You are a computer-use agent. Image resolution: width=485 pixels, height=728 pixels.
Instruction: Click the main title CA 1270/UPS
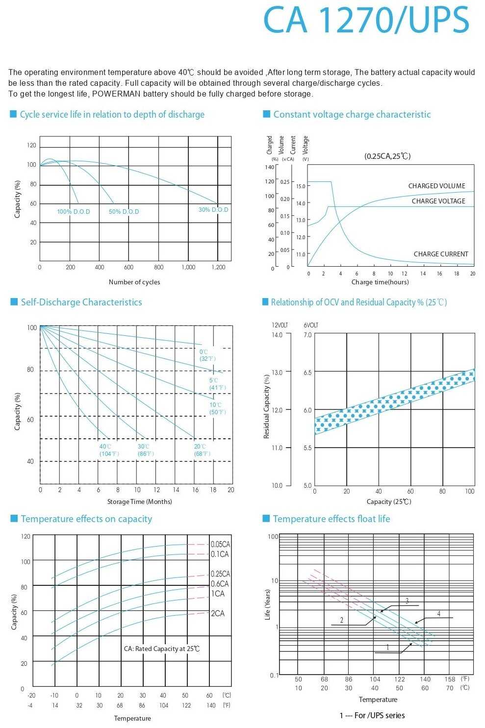(x=366, y=21)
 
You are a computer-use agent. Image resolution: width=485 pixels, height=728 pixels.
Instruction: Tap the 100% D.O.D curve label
(x=74, y=212)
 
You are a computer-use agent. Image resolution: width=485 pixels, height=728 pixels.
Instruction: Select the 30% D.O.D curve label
(x=213, y=210)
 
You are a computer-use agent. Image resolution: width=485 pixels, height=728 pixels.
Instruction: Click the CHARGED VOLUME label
(x=436, y=186)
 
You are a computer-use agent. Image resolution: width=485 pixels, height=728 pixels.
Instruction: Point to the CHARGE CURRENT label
(x=440, y=254)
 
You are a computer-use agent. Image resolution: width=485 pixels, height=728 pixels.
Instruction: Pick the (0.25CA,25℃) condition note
(x=387, y=156)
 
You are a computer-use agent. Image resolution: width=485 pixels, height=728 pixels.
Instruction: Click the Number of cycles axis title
(x=134, y=282)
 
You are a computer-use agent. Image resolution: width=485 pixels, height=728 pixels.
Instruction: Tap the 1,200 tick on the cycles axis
(x=218, y=267)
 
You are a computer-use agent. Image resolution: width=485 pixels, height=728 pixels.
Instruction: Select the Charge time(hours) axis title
(x=380, y=282)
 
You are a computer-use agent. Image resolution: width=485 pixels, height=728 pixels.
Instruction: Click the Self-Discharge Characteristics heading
(x=81, y=302)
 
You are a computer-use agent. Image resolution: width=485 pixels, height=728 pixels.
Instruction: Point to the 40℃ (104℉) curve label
(x=109, y=450)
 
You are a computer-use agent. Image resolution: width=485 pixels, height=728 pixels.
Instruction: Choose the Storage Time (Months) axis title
(x=140, y=502)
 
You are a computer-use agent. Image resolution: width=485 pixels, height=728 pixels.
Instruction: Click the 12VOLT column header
(x=280, y=325)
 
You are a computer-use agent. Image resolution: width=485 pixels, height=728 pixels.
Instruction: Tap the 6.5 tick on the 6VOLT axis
(x=307, y=373)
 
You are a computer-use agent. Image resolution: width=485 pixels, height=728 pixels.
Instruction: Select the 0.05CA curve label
(x=220, y=544)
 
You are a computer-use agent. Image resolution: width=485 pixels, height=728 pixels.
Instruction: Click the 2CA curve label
(x=218, y=613)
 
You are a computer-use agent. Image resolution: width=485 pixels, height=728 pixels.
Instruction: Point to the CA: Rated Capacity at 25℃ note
(x=162, y=649)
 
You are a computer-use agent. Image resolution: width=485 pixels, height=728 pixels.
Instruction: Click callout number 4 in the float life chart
(x=439, y=614)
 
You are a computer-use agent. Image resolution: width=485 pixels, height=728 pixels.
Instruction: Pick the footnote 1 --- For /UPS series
(x=372, y=715)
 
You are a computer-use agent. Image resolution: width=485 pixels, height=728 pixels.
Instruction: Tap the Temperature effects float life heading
(x=332, y=519)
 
